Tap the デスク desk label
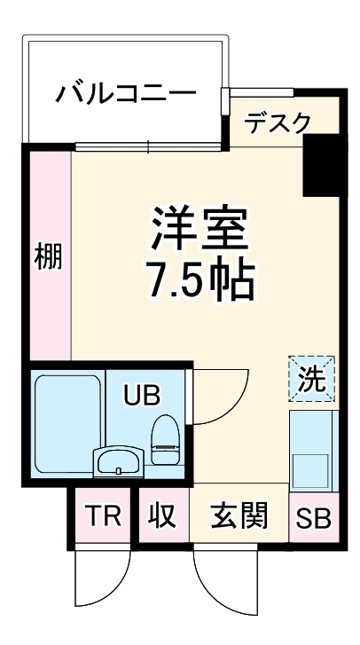pos(278,122)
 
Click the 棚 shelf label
pos(49,257)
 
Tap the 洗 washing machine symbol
pos(311,379)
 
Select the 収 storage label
pos(161,516)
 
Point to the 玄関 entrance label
pos(239,516)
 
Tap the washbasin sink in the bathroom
pos(118,461)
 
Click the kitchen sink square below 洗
pos(312,468)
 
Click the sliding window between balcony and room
pos(146,146)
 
